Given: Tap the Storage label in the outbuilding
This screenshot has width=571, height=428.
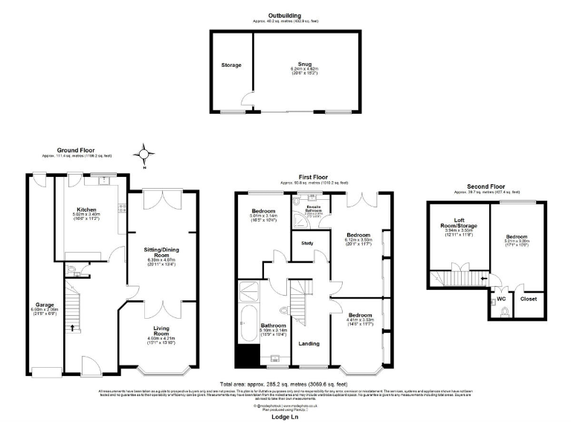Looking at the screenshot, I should click(x=231, y=65).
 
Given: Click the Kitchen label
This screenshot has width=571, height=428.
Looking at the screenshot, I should click(x=84, y=210).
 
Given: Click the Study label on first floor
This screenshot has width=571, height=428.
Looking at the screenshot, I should click(x=307, y=243).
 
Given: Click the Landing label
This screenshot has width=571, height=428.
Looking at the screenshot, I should click(x=309, y=343).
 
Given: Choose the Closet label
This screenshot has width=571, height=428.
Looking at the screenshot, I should click(x=529, y=299).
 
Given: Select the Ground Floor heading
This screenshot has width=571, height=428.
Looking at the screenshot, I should click(x=77, y=150).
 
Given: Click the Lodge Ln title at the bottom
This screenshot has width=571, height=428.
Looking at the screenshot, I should click(x=285, y=416).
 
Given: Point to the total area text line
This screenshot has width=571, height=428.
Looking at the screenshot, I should click(x=285, y=384).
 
